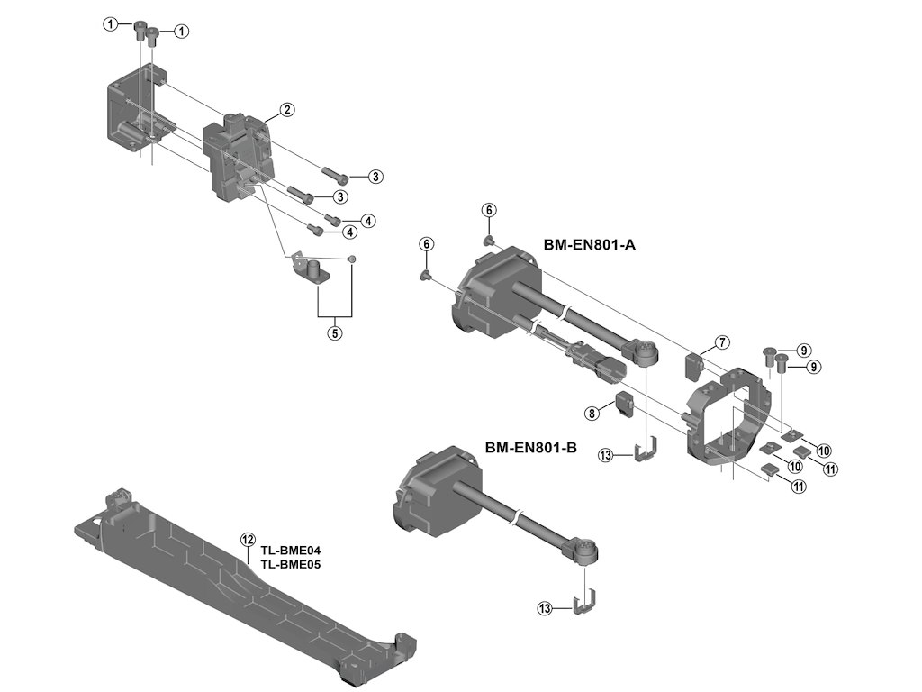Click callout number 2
point(286,110)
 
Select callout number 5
point(334,332)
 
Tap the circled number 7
point(722,342)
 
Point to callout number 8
point(592,413)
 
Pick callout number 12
point(248,540)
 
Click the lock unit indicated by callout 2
point(239,158)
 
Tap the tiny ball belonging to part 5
point(352,259)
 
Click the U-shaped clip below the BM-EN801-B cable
point(585,603)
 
